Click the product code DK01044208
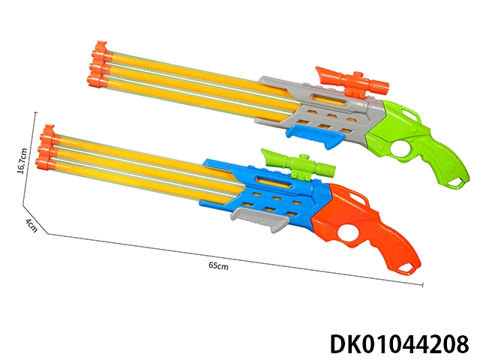click(x=400, y=343)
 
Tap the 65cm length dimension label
click(x=218, y=265)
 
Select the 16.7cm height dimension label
click(x=22, y=161)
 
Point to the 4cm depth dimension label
click(x=31, y=225)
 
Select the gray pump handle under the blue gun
click(x=260, y=219)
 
